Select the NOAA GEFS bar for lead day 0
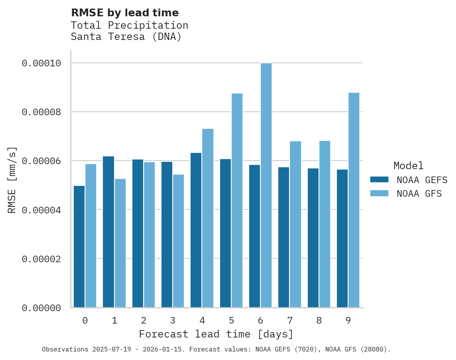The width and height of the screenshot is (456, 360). [79, 246]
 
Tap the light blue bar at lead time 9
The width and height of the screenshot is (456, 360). [354, 200]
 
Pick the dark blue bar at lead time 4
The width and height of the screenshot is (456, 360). [196, 230]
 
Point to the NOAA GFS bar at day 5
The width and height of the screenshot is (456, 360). [237, 200]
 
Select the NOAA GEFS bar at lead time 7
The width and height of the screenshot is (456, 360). [284, 237]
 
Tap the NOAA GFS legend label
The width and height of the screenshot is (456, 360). [419, 194]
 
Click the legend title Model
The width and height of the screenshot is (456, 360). [408, 166]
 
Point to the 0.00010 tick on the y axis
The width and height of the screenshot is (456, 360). [41, 63]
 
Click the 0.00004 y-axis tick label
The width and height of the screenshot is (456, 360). [41, 210]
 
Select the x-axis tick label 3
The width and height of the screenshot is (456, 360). [173, 320]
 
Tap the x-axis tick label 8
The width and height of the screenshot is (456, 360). [319, 320]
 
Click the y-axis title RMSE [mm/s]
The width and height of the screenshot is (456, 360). [12, 180]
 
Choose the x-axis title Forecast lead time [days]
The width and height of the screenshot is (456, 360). [216, 334]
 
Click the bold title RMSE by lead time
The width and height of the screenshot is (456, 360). [125, 13]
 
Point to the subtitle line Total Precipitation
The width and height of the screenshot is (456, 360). [129, 25]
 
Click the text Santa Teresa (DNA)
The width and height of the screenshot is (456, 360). [126, 37]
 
